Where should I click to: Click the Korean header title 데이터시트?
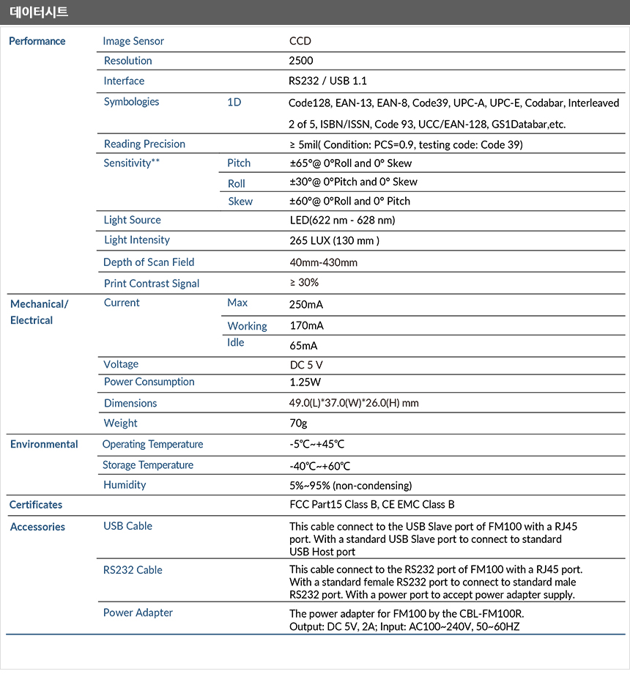[39, 12]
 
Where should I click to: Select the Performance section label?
[37, 41]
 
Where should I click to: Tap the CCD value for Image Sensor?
[300, 41]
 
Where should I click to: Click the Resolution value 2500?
[302, 61]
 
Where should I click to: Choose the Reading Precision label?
[144, 144]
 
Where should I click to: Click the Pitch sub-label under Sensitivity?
[239, 163]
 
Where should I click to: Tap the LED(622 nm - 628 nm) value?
[343, 220]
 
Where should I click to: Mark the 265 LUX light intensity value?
[335, 240]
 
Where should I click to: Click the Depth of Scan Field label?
[149, 262]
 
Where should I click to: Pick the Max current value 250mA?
[306, 304]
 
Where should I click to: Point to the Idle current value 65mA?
[304, 345]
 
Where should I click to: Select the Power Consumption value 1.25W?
[305, 382]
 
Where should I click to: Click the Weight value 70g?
[298, 423]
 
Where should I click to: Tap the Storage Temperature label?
[148, 465]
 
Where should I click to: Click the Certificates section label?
[36, 505]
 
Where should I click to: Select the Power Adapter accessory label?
[138, 613]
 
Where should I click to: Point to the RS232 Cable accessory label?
[133, 570]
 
